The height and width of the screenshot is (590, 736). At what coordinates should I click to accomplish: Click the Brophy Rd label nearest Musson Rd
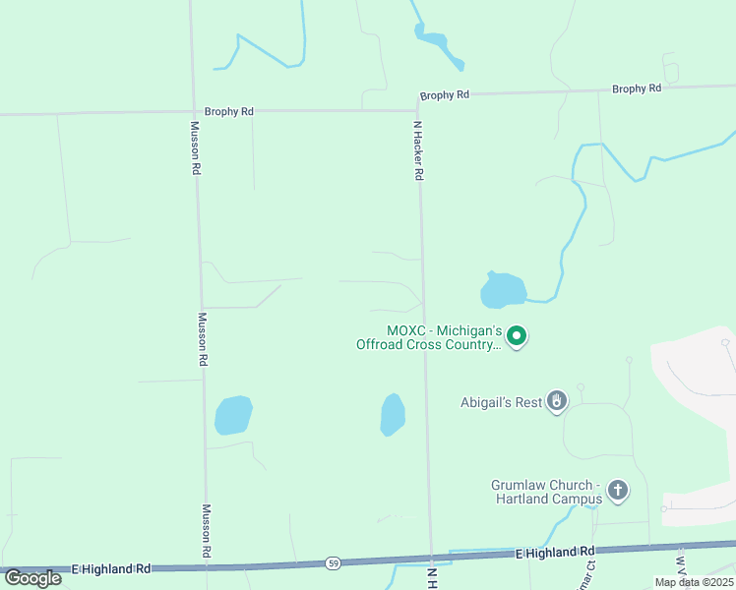coord(228,112)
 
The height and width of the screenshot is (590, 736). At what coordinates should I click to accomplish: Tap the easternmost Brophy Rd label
coord(636,89)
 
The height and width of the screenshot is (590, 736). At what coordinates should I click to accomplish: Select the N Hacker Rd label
coord(418,150)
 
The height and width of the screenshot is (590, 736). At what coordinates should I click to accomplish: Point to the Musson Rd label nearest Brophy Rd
coord(196,147)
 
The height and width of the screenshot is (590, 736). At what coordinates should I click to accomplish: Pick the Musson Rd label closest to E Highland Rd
coord(207,531)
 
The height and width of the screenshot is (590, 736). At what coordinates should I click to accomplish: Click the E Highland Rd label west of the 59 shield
coord(111,568)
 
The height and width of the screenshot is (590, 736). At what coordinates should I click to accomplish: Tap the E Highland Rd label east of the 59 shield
coord(556,554)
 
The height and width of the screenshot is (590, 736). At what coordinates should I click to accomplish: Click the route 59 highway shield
coord(334,563)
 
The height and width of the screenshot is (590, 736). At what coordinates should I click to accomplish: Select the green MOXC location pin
coord(517,337)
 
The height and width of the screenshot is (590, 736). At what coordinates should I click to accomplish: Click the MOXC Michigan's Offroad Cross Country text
coord(429,337)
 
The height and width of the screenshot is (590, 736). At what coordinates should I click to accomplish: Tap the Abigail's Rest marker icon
coord(557,401)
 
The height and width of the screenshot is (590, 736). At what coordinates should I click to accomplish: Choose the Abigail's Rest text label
coord(501,402)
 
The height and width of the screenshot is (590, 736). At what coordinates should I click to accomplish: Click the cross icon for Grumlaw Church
coord(617,490)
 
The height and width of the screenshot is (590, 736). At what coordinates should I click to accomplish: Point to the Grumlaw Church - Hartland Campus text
coord(545,492)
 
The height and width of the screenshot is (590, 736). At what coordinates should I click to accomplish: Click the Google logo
coord(32,577)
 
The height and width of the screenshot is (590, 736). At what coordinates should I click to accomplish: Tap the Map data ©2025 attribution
coord(694,582)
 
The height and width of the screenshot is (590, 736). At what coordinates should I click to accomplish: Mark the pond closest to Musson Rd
coord(233,415)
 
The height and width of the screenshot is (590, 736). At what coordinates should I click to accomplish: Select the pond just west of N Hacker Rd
coord(393,415)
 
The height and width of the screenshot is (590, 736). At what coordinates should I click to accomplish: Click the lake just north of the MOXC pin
coord(503,290)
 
